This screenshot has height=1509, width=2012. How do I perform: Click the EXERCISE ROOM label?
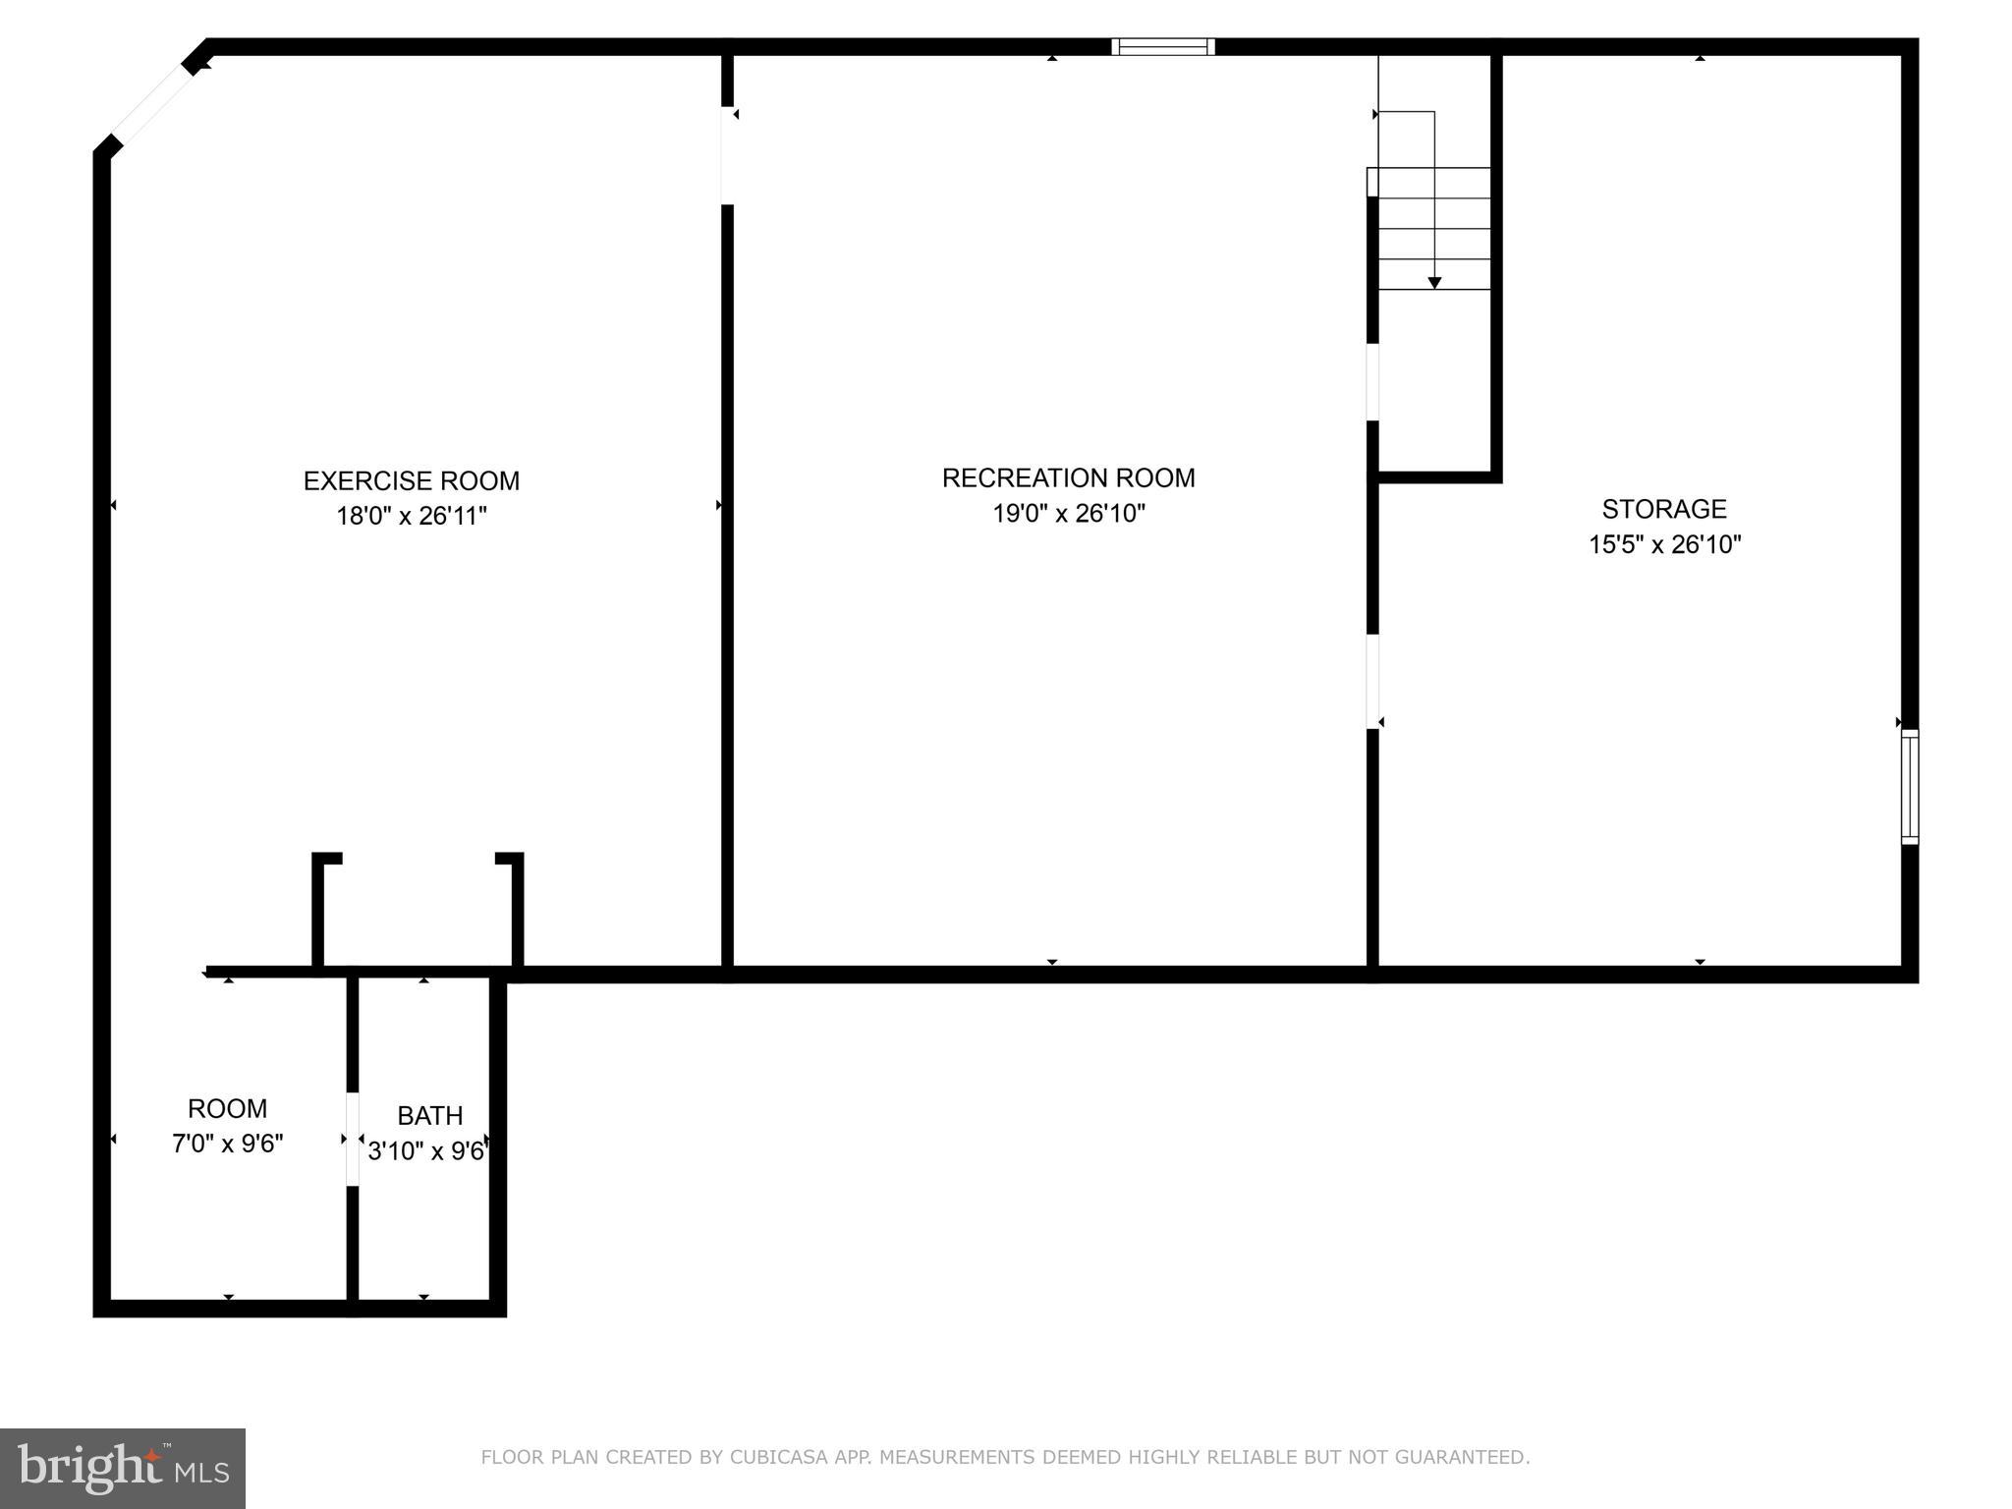click(x=411, y=480)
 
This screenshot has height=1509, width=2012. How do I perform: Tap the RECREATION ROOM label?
click(x=1068, y=477)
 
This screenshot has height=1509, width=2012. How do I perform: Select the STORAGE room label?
click(x=1663, y=509)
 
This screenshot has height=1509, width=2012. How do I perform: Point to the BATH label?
click(x=429, y=1116)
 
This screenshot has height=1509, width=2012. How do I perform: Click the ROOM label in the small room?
click(x=227, y=1109)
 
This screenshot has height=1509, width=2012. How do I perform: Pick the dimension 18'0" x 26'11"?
click(x=411, y=516)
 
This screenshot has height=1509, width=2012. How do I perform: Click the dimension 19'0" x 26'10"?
click(x=1068, y=513)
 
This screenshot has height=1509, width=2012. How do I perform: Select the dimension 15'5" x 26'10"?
click(x=1664, y=544)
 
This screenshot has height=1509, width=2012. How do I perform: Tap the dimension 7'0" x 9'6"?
click(x=227, y=1145)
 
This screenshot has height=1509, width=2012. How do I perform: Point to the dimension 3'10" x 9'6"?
click(x=427, y=1150)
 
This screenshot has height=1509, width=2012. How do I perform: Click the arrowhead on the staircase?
click(x=1434, y=283)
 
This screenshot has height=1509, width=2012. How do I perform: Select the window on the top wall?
click(x=1162, y=46)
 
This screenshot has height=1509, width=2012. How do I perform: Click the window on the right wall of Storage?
click(x=1909, y=786)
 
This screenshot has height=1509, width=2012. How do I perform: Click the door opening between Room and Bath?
click(x=353, y=1139)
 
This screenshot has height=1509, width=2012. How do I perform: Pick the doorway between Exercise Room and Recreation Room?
click(x=727, y=155)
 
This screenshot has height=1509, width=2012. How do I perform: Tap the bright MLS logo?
click(x=122, y=1469)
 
